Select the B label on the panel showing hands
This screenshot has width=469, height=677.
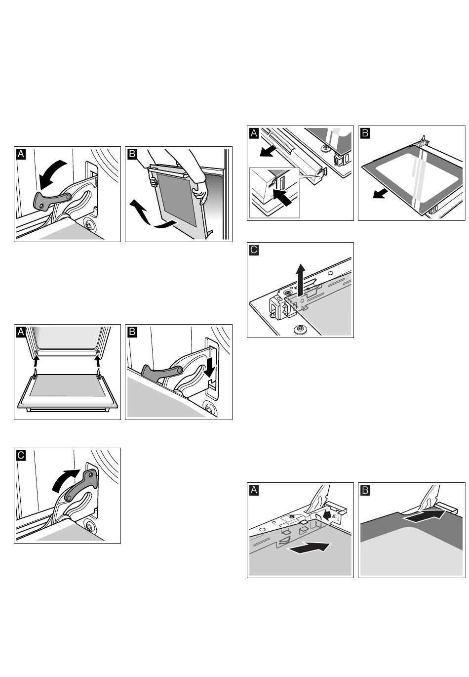[x=132, y=154]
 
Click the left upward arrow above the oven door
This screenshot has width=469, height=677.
[x=36, y=368]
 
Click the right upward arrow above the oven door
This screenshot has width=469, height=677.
[x=98, y=367]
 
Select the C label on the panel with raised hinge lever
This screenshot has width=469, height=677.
[x=20, y=455]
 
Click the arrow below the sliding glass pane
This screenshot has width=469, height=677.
[x=380, y=192]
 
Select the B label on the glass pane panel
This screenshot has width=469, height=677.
[x=365, y=133]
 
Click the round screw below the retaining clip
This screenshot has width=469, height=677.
[x=299, y=329]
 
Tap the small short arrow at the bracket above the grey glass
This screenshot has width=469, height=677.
[x=326, y=515]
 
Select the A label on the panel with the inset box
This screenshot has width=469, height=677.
[x=254, y=133]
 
